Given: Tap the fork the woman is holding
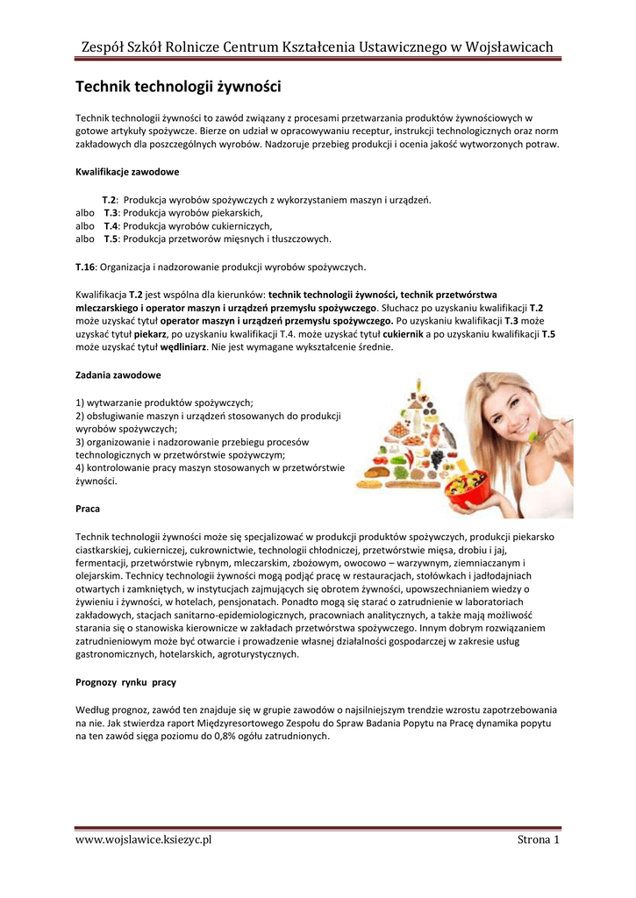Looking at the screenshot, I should (x=549, y=429).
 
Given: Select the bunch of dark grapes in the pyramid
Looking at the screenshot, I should (x=436, y=458).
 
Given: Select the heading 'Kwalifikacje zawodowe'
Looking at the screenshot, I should (x=128, y=171).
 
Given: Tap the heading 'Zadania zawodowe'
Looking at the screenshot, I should (x=118, y=374).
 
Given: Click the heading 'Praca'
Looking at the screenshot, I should (x=88, y=509).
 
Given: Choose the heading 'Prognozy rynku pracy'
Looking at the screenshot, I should (x=126, y=681).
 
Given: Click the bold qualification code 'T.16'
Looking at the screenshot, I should (x=85, y=267).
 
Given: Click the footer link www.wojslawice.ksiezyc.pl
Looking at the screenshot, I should (x=144, y=840).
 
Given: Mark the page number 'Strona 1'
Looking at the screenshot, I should (x=539, y=840).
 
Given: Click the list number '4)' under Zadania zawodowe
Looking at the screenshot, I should (x=82, y=468).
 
